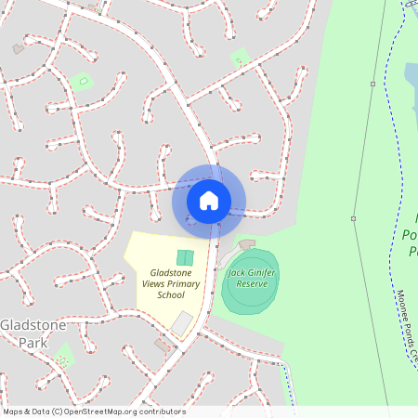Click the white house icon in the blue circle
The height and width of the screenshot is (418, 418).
coord(209,200)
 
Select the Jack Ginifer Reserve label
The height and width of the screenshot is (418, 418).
coord(251,278)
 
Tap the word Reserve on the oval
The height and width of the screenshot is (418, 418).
coord(251,283)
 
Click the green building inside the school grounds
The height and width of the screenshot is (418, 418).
coord(185,256)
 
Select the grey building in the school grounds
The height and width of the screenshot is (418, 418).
coord(182,324)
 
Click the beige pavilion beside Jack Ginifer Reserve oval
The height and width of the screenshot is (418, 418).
coord(246,244)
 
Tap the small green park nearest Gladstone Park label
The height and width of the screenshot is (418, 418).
coord(63,354)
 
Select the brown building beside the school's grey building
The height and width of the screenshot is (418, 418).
coord(163,345)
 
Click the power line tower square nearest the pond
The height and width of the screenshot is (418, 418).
coord(372,84)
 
